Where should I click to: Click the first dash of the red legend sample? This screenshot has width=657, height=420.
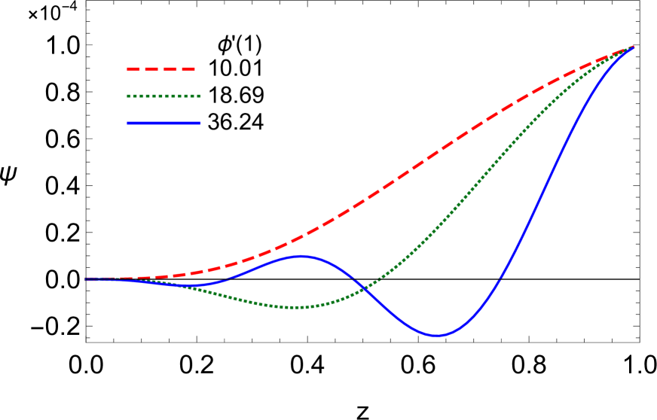click(x=133, y=69)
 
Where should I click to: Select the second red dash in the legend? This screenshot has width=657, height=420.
click(x=151, y=69)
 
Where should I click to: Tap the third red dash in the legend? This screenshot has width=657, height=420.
click(x=170, y=69)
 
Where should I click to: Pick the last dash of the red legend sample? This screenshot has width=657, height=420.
click(x=188, y=69)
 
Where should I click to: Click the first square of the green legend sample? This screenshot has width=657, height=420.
click(x=129, y=96)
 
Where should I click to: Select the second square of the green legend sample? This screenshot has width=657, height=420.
click(x=135, y=96)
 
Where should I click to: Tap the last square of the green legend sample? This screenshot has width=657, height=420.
click(x=199, y=96)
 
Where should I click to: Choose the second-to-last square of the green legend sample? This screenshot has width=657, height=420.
click(x=192, y=96)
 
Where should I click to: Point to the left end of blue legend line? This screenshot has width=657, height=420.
click(x=127, y=123)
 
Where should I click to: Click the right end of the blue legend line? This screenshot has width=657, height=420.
click(x=200, y=123)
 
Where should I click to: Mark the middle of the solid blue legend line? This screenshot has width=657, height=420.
click(x=163, y=123)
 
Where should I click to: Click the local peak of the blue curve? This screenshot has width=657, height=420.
click(x=301, y=256)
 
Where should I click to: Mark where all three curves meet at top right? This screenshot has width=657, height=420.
click(x=633, y=47)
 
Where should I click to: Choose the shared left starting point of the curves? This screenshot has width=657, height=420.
click(x=86, y=278)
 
